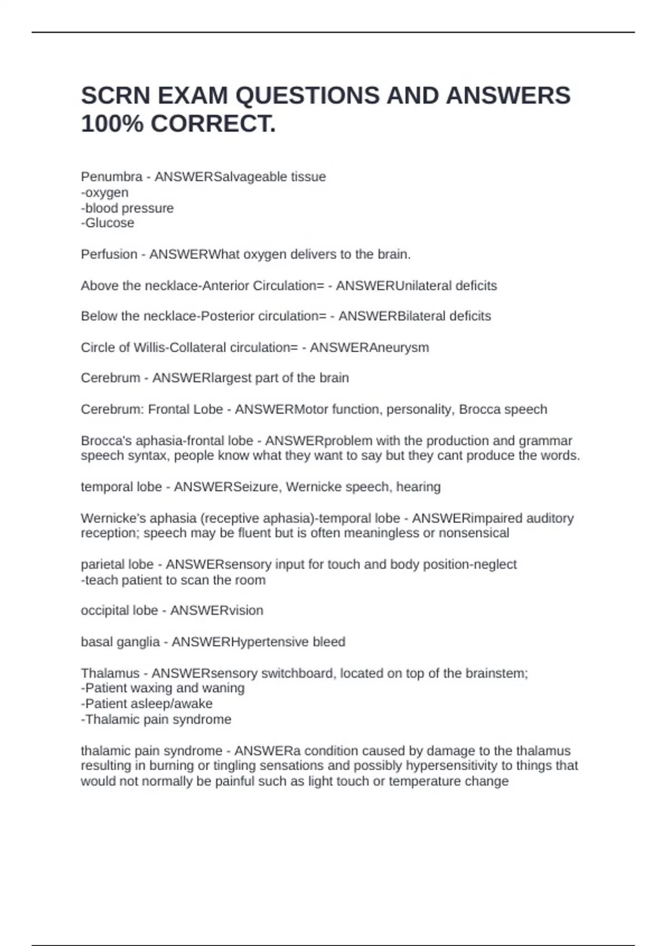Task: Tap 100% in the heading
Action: pos(112,124)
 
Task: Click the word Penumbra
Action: pos(111,177)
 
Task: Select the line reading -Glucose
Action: pos(107,223)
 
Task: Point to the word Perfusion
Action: pos(109,254)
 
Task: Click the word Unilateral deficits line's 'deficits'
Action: pos(476,286)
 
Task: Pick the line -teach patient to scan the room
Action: pos(173,580)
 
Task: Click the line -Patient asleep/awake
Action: pos(146,704)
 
